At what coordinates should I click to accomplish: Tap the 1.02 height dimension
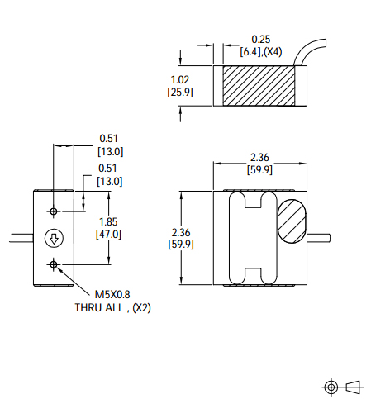tap(181, 79)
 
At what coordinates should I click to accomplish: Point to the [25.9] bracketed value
tap(181, 92)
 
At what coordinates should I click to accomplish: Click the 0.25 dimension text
tap(261, 39)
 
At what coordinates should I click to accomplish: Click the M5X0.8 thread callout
tap(112, 294)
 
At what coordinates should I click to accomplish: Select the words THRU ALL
tap(99, 307)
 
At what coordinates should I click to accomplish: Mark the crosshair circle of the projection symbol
tap(332, 387)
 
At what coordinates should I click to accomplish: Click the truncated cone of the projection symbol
tap(354, 386)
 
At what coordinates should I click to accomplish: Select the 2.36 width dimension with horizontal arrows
tap(261, 159)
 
